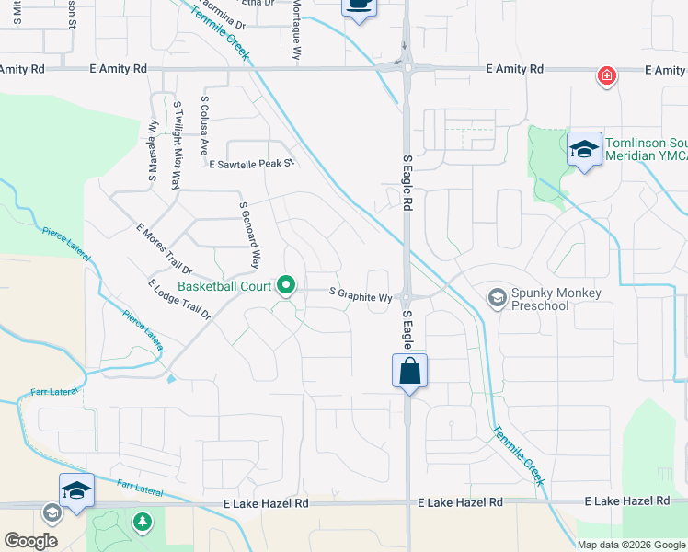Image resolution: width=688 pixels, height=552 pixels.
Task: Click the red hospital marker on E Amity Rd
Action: (606, 76)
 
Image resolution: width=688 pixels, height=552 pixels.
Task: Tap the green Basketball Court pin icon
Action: (286, 287)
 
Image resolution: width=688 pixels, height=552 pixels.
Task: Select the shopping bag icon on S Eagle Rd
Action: (409, 372)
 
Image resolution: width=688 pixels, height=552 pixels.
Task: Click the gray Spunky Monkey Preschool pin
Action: (498, 296)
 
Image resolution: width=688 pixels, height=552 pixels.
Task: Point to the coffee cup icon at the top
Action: (359, 6)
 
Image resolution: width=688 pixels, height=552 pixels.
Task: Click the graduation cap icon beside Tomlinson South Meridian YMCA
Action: (584, 151)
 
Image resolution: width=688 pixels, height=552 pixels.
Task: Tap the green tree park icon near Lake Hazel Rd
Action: (142, 523)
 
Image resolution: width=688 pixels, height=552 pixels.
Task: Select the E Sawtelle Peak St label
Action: (250, 165)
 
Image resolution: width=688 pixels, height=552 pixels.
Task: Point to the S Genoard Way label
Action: (249, 236)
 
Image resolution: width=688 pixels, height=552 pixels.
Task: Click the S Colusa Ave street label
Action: (204, 125)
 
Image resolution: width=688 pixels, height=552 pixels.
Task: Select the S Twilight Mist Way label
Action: (176, 144)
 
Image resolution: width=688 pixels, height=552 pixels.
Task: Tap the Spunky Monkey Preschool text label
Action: (556, 300)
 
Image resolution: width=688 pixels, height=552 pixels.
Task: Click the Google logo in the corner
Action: (30, 540)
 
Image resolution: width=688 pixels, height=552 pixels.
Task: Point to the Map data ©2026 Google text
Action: (630, 544)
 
